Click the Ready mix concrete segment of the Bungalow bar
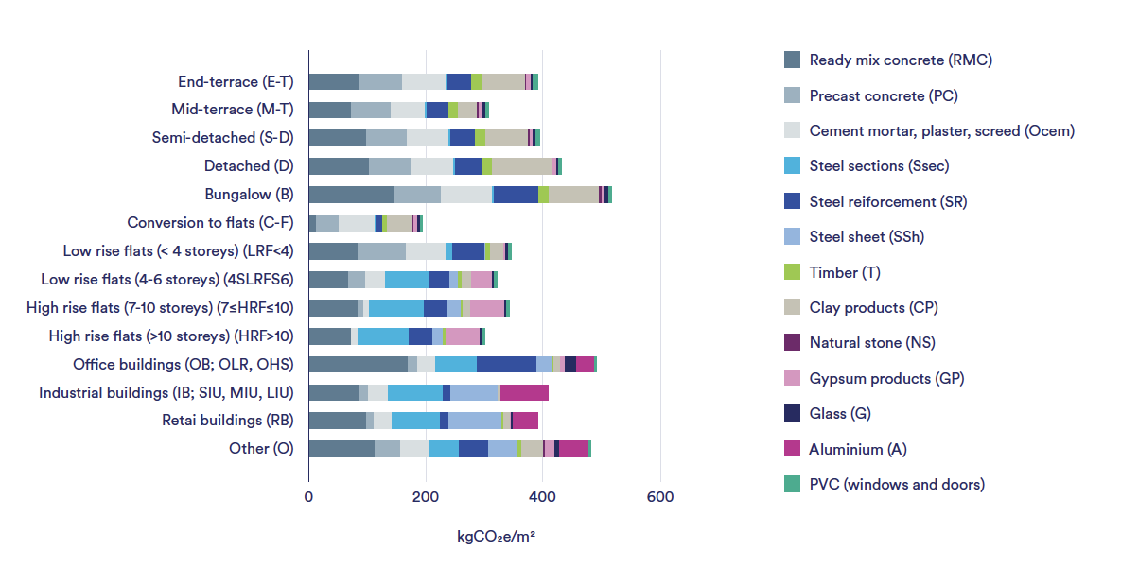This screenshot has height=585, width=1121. tap(351, 195)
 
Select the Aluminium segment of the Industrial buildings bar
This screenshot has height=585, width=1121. tap(524, 392)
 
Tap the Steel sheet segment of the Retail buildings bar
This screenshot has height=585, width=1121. tap(475, 421)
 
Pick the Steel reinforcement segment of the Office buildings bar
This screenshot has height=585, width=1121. tap(506, 365)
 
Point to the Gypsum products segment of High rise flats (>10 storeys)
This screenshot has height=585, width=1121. tap(463, 336)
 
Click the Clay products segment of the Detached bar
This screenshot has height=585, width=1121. tap(521, 166)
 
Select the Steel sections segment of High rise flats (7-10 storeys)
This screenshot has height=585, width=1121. tap(396, 308)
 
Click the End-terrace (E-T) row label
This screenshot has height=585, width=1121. tap(236, 82)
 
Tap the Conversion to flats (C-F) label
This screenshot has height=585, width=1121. tap(210, 223)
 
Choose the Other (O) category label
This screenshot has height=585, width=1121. tap(261, 449)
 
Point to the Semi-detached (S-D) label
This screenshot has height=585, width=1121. tap(222, 138)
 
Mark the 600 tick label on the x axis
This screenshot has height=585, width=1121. tap(659, 497)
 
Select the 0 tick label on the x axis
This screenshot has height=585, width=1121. tap(308, 497)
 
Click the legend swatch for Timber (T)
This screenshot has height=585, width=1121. tap(793, 272)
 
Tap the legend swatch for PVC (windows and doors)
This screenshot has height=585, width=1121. tap(793, 484)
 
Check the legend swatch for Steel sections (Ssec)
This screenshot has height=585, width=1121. tap(793, 166)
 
